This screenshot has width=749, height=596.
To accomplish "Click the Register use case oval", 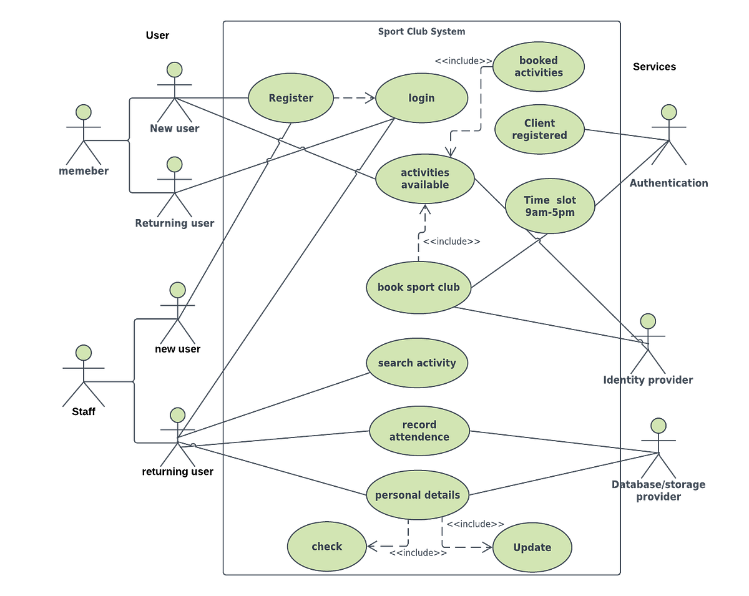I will click(291, 98).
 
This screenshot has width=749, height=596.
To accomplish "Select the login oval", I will click(421, 98).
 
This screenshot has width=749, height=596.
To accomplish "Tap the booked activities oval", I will click(539, 67).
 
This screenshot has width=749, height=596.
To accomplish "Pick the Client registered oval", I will click(539, 129).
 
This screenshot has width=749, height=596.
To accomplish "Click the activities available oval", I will click(425, 178).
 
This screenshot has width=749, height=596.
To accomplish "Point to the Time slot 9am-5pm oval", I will click(549, 207).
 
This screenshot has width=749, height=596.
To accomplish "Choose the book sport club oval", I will click(418, 287).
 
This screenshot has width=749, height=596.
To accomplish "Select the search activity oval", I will click(416, 363).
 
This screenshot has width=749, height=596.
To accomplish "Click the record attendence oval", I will click(419, 431).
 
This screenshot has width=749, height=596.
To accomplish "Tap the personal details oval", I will click(417, 496).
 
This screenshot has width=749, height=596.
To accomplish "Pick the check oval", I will click(326, 547).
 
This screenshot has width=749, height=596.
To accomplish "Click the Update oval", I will click(532, 547).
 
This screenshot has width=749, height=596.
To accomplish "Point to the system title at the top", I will click(421, 32).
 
